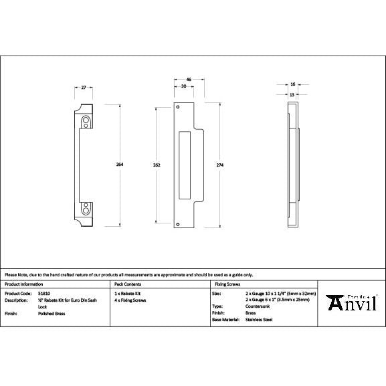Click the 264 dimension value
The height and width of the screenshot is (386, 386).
click(x=120, y=164)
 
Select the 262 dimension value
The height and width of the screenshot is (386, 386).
click(x=156, y=164)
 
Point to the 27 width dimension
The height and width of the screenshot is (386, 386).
click(x=84, y=88)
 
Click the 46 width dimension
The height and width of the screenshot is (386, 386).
click(x=189, y=80)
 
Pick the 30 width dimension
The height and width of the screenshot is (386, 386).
click(x=183, y=86)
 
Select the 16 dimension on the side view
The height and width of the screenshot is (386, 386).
click(x=293, y=85)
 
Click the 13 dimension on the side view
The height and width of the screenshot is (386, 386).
click(x=292, y=95)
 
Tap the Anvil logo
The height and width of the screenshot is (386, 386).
click(x=352, y=302)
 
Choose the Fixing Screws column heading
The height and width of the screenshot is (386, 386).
click(x=225, y=284)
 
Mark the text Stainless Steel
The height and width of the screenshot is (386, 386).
click(x=260, y=320)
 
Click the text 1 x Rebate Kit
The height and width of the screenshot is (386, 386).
click(x=127, y=293)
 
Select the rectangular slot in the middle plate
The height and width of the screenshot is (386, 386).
click(x=185, y=165)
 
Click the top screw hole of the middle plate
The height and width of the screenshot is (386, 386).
click(x=178, y=107)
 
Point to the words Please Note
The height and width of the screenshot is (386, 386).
click(x=16, y=274)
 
